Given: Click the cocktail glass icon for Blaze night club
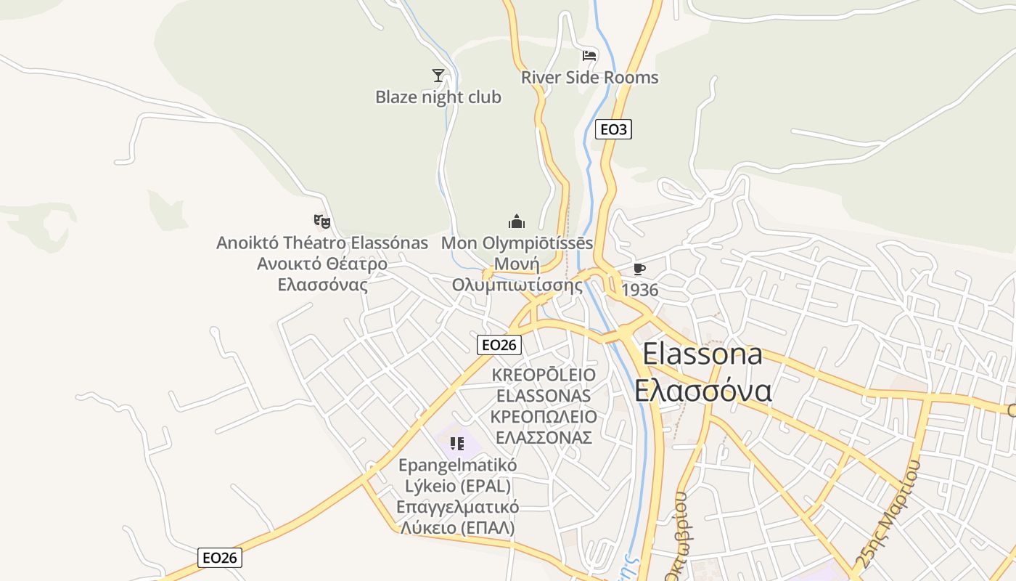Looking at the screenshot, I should pos(438,75).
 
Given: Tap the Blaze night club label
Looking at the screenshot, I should pos(438,97).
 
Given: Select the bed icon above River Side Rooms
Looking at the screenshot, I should pos(589,55).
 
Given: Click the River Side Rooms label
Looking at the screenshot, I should pos(589,77).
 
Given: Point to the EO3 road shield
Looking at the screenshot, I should pos(613,130).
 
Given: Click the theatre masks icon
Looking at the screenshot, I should pos(321,221).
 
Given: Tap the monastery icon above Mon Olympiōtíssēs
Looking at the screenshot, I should pos(516,222).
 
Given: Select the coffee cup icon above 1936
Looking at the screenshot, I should pos(639,269).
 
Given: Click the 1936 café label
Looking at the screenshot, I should pos(640,290).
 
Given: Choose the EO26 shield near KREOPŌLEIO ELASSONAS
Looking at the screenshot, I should pos(499,344).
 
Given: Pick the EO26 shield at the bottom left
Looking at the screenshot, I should pos(220,558).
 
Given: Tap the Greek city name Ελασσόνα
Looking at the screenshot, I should pos(702,391).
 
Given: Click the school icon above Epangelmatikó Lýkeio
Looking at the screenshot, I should pos(456,443).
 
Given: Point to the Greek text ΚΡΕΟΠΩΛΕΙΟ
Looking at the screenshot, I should pos(544,417).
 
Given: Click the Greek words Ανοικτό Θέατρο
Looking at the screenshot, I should pos(322,264).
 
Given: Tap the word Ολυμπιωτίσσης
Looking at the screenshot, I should pos(517,285).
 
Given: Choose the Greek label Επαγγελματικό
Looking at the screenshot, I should pos(457,506).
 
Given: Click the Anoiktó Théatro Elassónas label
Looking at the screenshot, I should pos(322,243).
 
